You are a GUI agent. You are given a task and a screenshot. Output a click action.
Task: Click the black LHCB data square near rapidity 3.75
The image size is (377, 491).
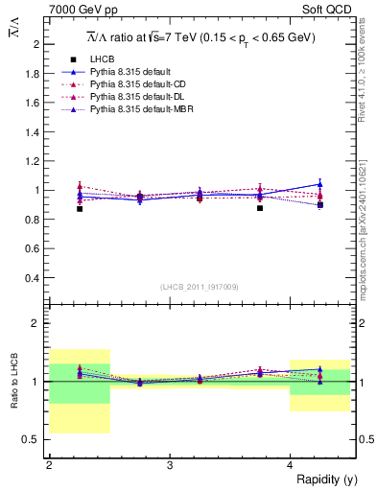260,207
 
